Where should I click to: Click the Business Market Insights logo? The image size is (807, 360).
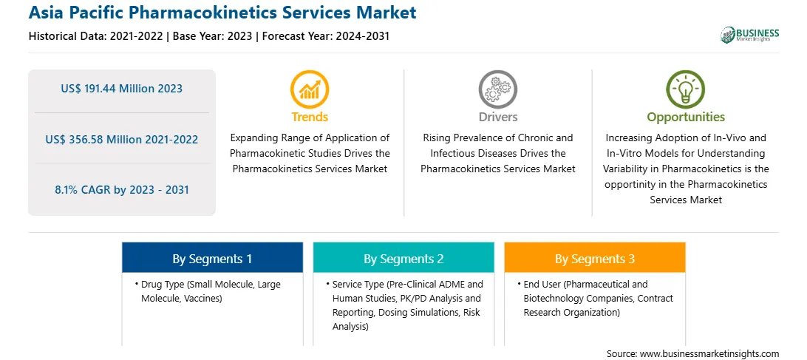pyautogui.click(x=750, y=35)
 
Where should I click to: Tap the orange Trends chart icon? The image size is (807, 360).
pyautogui.click(x=310, y=89)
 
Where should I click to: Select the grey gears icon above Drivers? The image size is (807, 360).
pyautogui.click(x=497, y=89)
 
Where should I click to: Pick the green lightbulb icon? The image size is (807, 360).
pyautogui.click(x=686, y=89)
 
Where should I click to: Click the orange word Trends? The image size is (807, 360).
pyautogui.click(x=310, y=117)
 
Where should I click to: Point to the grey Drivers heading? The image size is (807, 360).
pyautogui.click(x=498, y=117)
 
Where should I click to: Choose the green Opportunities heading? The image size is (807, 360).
pyautogui.click(x=686, y=118)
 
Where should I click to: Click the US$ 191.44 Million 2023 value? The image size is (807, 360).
pyautogui.click(x=121, y=89)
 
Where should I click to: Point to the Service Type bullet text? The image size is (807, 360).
pyautogui.click(x=403, y=305)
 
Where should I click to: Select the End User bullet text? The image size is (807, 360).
pyautogui.click(x=595, y=298)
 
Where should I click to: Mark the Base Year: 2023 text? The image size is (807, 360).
pyautogui.click(x=213, y=36)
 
